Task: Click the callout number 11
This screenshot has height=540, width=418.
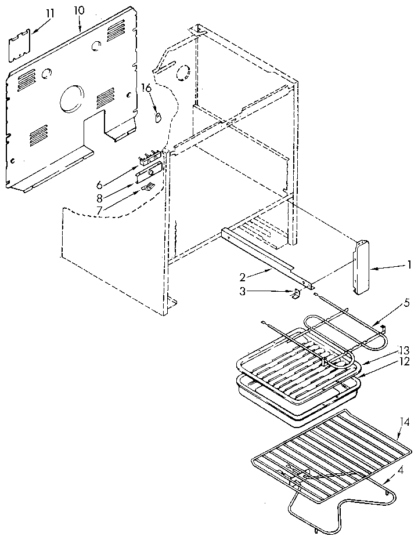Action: tap(50, 14)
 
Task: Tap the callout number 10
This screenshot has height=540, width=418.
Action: tap(79, 10)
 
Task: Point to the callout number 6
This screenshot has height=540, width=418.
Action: tap(99, 185)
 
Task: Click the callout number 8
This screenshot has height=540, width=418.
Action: tap(99, 198)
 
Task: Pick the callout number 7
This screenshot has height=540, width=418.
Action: tap(99, 210)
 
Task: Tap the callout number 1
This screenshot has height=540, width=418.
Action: tap(409, 265)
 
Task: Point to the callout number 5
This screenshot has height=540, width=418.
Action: tap(407, 304)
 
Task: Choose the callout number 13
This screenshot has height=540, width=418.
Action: tap(404, 350)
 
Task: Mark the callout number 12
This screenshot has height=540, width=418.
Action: tap(404, 361)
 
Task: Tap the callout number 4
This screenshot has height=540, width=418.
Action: tap(401, 470)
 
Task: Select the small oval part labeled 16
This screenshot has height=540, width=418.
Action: tap(158, 117)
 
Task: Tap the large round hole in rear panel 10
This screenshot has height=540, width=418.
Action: tap(72, 99)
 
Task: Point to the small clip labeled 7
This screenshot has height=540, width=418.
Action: tap(147, 187)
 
